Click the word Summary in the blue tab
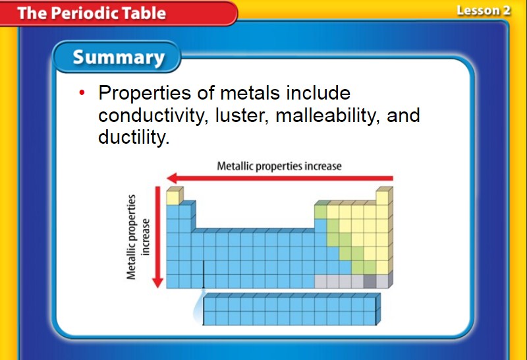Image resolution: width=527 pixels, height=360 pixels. [x=119, y=57]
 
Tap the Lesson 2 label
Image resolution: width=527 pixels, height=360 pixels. [x=484, y=11]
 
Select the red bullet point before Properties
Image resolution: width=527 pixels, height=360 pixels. [x=82, y=92]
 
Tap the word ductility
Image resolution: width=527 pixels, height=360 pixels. [x=134, y=137]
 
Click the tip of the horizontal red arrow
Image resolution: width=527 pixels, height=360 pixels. [x=167, y=178]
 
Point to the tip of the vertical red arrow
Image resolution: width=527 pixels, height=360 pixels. [x=157, y=287]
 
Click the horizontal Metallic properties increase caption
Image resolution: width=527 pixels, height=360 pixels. [x=279, y=166]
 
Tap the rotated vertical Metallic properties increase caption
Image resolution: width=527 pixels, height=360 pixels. [x=138, y=237]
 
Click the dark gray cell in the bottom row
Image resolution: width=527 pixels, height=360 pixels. [x=370, y=282]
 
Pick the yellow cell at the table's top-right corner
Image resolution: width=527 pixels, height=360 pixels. [x=382, y=198]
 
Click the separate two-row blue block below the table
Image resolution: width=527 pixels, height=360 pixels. [x=291, y=309]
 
